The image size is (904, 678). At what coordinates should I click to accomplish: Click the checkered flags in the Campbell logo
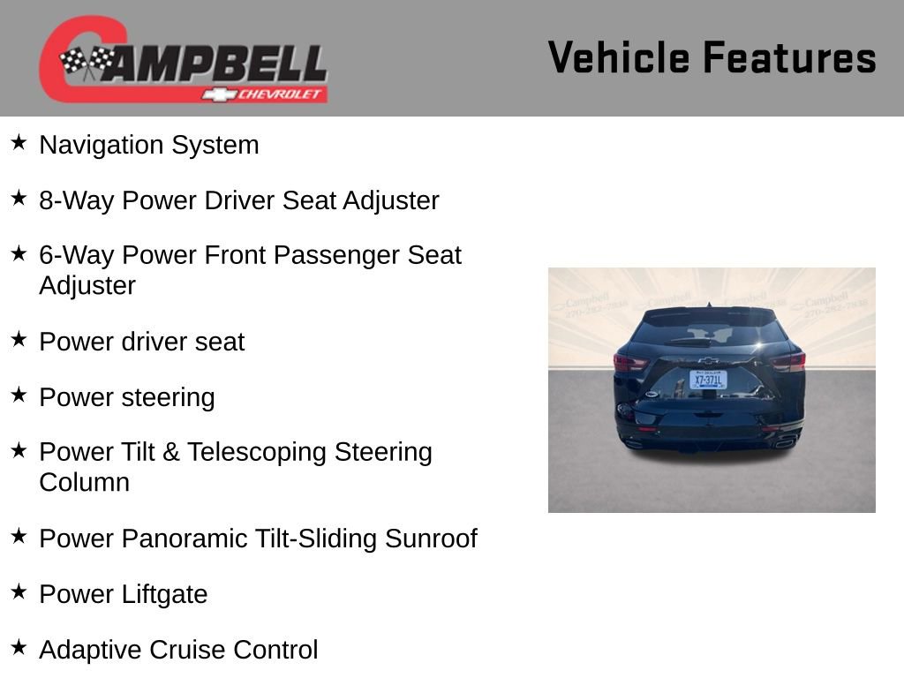pyautogui.click(x=86, y=62)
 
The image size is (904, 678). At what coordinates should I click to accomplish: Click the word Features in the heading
pyautogui.click(x=789, y=57)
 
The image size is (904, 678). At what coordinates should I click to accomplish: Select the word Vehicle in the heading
pyautogui.click(x=618, y=57)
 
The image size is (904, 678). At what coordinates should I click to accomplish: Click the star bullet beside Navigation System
pyautogui.click(x=19, y=142)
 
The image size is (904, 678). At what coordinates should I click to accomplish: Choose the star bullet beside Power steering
pyautogui.click(x=19, y=395)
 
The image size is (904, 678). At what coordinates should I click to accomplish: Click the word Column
pyautogui.click(x=84, y=482)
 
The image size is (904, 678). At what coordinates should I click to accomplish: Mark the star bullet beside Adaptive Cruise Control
pyautogui.click(x=19, y=647)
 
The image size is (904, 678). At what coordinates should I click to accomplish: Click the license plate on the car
pyautogui.click(x=708, y=380)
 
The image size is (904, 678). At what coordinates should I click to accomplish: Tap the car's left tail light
pyautogui.click(x=630, y=362)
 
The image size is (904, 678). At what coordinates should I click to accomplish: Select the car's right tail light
pyautogui.click(x=787, y=360)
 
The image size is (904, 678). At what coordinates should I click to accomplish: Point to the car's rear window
pyautogui.click(x=709, y=334)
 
